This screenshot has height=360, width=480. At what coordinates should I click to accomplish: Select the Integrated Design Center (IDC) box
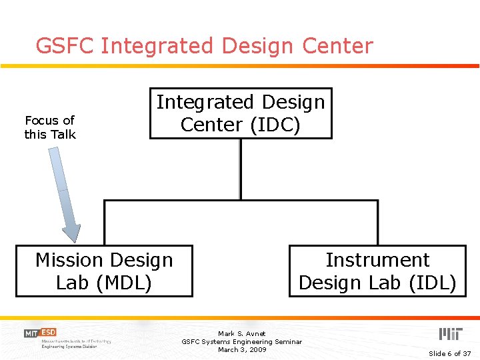(241, 113)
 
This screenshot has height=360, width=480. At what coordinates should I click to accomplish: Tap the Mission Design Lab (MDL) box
(104, 271)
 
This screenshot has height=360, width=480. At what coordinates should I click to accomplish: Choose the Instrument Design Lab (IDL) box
(377, 271)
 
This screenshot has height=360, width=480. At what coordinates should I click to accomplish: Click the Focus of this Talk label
(50, 127)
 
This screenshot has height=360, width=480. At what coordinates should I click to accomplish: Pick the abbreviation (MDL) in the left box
(124, 283)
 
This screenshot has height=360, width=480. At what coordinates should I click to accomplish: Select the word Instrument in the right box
(377, 260)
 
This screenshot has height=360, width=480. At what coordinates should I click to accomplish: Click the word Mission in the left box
(69, 260)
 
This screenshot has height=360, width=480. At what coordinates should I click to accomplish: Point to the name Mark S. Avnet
(241, 333)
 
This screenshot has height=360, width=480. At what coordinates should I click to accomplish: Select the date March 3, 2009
(241, 349)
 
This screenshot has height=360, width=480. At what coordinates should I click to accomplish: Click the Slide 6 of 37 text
(449, 353)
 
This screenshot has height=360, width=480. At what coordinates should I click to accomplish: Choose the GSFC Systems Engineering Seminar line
(241, 341)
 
